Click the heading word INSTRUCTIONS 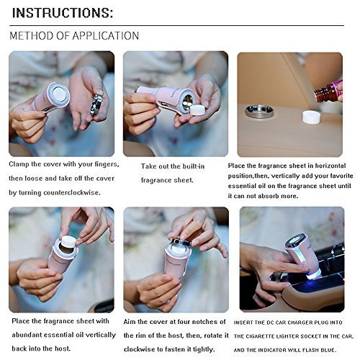(x=63, y=13)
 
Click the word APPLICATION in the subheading (x=106, y=36)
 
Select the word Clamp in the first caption (x=19, y=164)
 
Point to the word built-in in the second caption (x=194, y=166)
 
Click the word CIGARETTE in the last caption (x=261, y=336)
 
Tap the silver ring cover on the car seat (x=260, y=112)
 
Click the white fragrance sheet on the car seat (x=311, y=117)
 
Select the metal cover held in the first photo (x=96, y=105)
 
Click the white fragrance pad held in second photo (x=199, y=111)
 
